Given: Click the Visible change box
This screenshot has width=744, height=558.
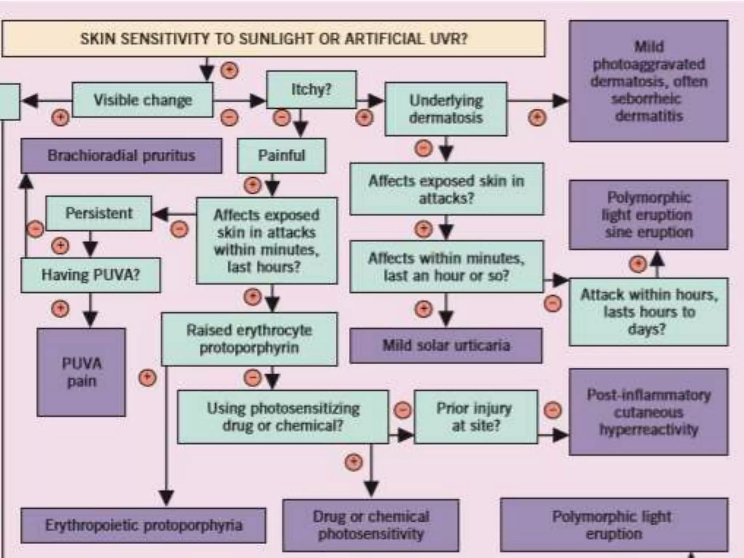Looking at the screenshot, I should pos(143,100).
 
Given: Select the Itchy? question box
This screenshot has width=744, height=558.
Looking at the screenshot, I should pos(311,89).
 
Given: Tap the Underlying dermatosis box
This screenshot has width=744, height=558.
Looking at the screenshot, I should pos(446,109).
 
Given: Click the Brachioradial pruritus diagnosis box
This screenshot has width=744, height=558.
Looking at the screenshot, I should pos(121,155).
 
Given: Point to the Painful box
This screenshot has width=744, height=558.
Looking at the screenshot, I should pos(282,155).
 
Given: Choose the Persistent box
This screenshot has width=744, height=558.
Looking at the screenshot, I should pos(99,213).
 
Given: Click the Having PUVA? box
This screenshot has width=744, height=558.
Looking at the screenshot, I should pos(90,275).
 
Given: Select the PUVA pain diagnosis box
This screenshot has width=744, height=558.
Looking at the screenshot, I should pos(81,372).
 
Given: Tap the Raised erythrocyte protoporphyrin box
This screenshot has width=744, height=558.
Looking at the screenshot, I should pos(249,339).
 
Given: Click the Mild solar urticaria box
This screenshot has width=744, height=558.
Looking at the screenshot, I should pos(446,345).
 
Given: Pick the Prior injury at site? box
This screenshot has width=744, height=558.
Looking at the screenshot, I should pos(476,417).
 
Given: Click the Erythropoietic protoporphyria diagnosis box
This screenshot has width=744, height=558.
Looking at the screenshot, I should pos(143,525).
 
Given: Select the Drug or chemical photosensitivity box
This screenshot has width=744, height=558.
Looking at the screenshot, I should pos(371,525).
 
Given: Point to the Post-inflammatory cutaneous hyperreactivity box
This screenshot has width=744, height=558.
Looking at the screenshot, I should pos(648,412).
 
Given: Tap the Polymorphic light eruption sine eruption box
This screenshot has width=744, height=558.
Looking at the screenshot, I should pos(648,215).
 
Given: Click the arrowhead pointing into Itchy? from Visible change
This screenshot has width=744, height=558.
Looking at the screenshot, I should pos(259,100).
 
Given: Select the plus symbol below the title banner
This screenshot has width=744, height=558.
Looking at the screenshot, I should pos(230,70).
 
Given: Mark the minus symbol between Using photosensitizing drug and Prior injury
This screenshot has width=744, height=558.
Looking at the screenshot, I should pos(403,410).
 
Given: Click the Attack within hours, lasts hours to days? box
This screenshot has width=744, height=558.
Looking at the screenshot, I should pos(648,312).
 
